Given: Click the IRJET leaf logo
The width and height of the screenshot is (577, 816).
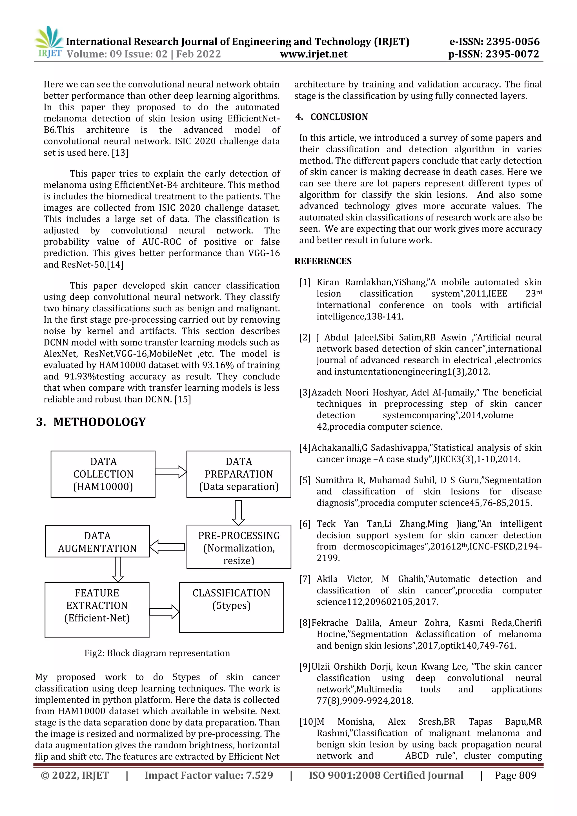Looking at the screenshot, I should pos(49,41).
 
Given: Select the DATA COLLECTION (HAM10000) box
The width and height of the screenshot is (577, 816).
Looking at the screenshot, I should pos(103,474).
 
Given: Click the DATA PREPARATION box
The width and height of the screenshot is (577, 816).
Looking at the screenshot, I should pos(238,474).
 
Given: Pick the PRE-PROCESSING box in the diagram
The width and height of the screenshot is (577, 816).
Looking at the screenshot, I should pos(238,547).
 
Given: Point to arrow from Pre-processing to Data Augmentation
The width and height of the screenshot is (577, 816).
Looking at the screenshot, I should pos(167,547).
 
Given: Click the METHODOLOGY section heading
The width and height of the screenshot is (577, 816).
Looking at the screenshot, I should pos(91,422).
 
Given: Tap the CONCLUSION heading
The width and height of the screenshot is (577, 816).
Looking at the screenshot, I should pos(339,117).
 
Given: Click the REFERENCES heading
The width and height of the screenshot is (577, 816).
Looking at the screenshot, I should pos(323,261).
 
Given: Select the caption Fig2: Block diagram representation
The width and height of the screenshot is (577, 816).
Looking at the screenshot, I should pos(157,653).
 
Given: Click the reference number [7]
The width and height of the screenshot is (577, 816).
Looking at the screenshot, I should pos(305,579).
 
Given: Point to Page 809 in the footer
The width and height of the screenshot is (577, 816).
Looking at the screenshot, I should pos(515,775).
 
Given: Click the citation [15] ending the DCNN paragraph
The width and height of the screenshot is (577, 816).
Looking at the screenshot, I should pos(183,399).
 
